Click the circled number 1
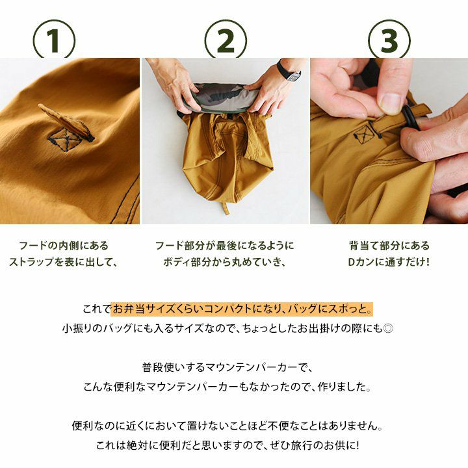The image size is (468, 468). (54, 39)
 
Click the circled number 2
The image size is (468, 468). (226, 39)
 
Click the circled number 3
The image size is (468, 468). (389, 39)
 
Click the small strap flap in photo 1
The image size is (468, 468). (67, 122)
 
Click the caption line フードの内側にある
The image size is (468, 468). (63, 246)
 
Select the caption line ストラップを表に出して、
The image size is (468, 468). (62, 262)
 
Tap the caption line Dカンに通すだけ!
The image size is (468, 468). (389, 262)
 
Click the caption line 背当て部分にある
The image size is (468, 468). (389, 246)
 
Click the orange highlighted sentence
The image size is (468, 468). (242, 309)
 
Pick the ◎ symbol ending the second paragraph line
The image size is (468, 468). (387, 329)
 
